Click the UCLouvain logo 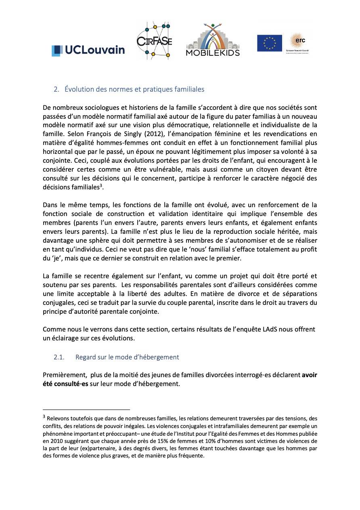(x=88, y=50)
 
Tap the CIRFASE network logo (x=154, y=41)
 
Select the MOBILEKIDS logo (x=213, y=40)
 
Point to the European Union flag (x=270, y=43)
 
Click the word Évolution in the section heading (x=78, y=89)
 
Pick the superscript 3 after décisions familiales (x=101, y=185)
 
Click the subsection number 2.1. (x=59, y=357)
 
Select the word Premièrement (x=64, y=375)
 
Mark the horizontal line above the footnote (x=86, y=409)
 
